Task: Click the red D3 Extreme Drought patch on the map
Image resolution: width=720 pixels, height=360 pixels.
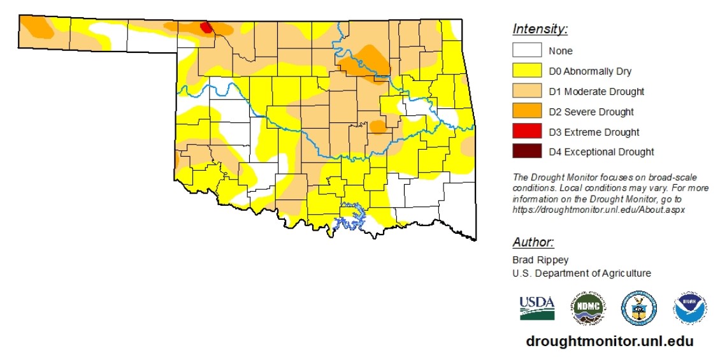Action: tap(206, 27)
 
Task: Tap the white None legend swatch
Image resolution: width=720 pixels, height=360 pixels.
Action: tap(526, 51)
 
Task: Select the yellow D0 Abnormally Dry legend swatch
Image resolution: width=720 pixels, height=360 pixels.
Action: tap(526, 71)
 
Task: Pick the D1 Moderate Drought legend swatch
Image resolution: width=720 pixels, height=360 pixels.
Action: tap(526, 92)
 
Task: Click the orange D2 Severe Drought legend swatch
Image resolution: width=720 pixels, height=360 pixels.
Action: tap(526, 112)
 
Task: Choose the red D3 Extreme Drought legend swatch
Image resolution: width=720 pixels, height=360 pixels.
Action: tap(526, 132)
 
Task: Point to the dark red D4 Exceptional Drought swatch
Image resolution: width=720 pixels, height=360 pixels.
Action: tap(526, 152)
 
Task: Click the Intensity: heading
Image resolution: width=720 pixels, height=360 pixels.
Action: tap(540, 29)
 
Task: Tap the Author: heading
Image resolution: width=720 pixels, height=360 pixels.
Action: tap(533, 243)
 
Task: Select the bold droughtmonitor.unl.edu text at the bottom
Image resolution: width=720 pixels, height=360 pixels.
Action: tap(610, 342)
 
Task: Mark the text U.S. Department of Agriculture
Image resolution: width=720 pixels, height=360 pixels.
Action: tap(582, 273)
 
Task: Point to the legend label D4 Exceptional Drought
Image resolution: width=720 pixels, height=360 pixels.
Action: tap(601, 152)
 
